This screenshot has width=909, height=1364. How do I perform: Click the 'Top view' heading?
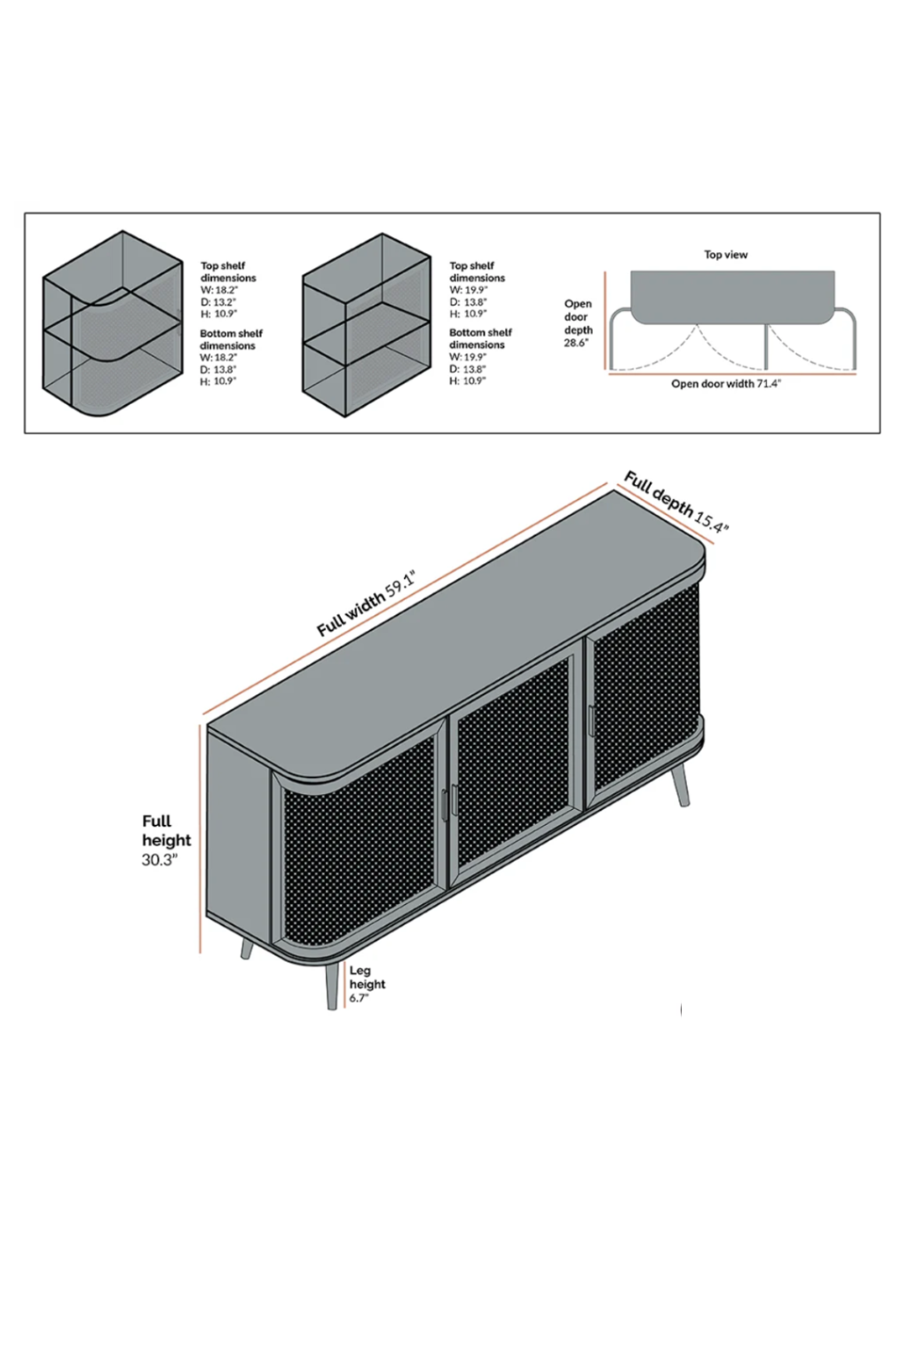pos(725,255)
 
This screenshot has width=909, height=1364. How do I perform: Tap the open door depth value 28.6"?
pos(575,343)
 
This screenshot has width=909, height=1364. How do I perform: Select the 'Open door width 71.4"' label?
pos(725,385)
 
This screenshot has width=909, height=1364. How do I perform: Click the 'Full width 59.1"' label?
pos(366,607)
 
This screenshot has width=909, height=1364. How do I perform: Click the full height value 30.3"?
pos(160,860)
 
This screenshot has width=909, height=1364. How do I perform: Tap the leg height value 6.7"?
pos(358,998)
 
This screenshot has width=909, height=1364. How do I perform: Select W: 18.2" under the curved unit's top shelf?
pos(218,290)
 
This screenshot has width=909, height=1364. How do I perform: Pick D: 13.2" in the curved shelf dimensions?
pos(218,302)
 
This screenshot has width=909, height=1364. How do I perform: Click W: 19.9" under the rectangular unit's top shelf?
pos(468,290)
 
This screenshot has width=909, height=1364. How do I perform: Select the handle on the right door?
pos(590,719)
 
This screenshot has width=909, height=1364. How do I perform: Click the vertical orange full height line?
pos(201,839)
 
